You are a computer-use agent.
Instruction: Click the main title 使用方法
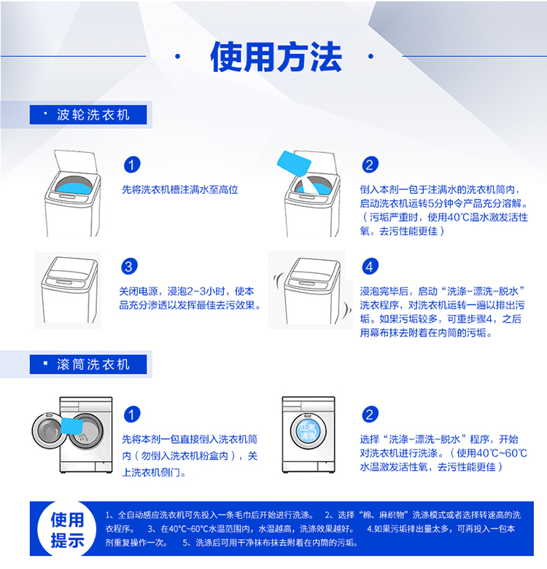coord(276,57)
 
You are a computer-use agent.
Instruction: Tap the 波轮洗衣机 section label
coord(88,114)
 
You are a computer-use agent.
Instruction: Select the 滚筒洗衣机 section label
coord(88,364)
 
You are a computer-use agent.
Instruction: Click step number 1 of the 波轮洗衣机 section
coord(132,165)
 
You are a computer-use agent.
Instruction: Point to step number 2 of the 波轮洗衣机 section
coord(370,165)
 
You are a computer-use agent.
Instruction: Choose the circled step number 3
coord(129,267)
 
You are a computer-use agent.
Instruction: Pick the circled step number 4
coord(370,267)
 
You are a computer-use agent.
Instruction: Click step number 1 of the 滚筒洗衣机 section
coord(132,415)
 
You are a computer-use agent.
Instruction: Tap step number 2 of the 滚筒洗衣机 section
coord(370,415)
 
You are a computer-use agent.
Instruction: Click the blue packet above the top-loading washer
coord(294,163)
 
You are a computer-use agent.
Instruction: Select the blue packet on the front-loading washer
coord(71,425)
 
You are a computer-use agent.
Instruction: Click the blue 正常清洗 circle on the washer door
coord(308,431)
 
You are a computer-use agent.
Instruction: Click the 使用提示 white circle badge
coord(67,529)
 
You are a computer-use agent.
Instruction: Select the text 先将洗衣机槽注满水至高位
coord(180,189)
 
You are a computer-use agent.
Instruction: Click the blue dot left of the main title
coord(178,56)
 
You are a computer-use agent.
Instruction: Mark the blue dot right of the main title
coord(371,56)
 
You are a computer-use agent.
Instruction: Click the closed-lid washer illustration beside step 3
coord(69,289)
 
